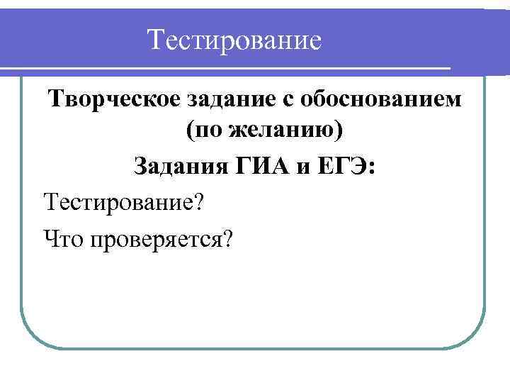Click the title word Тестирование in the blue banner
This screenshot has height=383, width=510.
pyautogui.click(x=235, y=40)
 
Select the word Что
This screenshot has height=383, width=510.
pyautogui.click(x=63, y=238)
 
